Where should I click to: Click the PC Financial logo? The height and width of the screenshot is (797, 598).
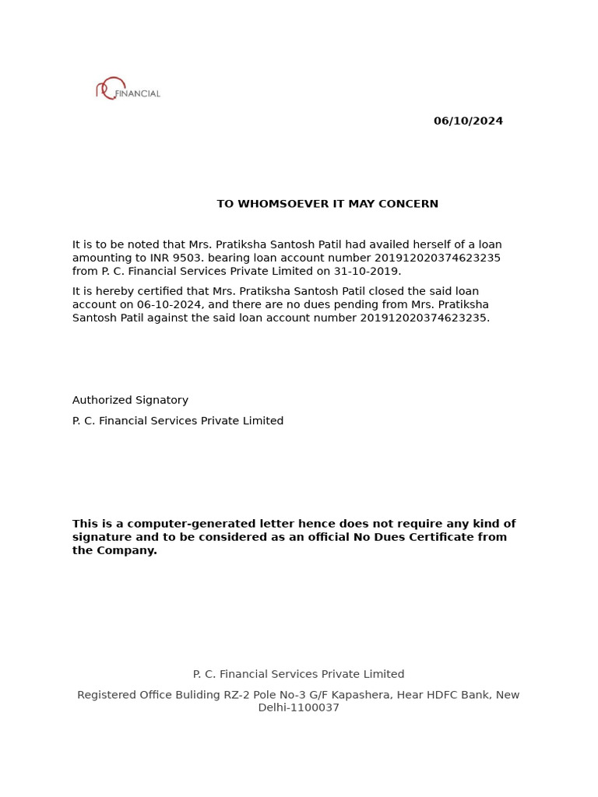pos(128,90)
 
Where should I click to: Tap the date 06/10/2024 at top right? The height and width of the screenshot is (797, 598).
pos(468,121)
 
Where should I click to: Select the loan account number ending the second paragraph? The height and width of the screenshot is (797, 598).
pos(424,318)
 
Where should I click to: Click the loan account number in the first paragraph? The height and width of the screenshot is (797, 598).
pos(438,258)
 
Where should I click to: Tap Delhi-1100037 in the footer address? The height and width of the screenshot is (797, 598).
pos(298,708)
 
